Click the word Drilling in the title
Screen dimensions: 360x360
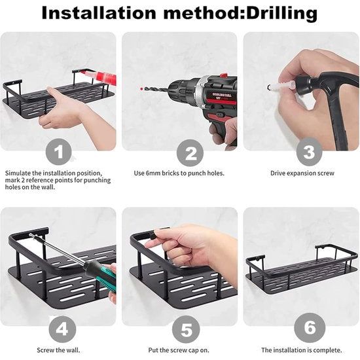tap(281, 14)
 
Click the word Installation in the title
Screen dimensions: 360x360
tap(99, 13)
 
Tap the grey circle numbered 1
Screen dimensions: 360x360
tap(59, 152)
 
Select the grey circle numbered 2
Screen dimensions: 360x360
tap(190, 153)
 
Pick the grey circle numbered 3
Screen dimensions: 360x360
tap(309, 152)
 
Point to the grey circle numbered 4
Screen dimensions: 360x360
tap(62, 329)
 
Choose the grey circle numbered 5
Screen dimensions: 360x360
tap(186, 329)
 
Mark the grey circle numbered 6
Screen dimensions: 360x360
tap(310, 328)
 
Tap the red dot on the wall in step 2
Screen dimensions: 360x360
tap(141, 88)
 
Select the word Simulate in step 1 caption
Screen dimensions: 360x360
tap(18, 173)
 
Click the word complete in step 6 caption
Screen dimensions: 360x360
tap(328, 351)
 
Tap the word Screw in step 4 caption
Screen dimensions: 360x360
tap(45, 350)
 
